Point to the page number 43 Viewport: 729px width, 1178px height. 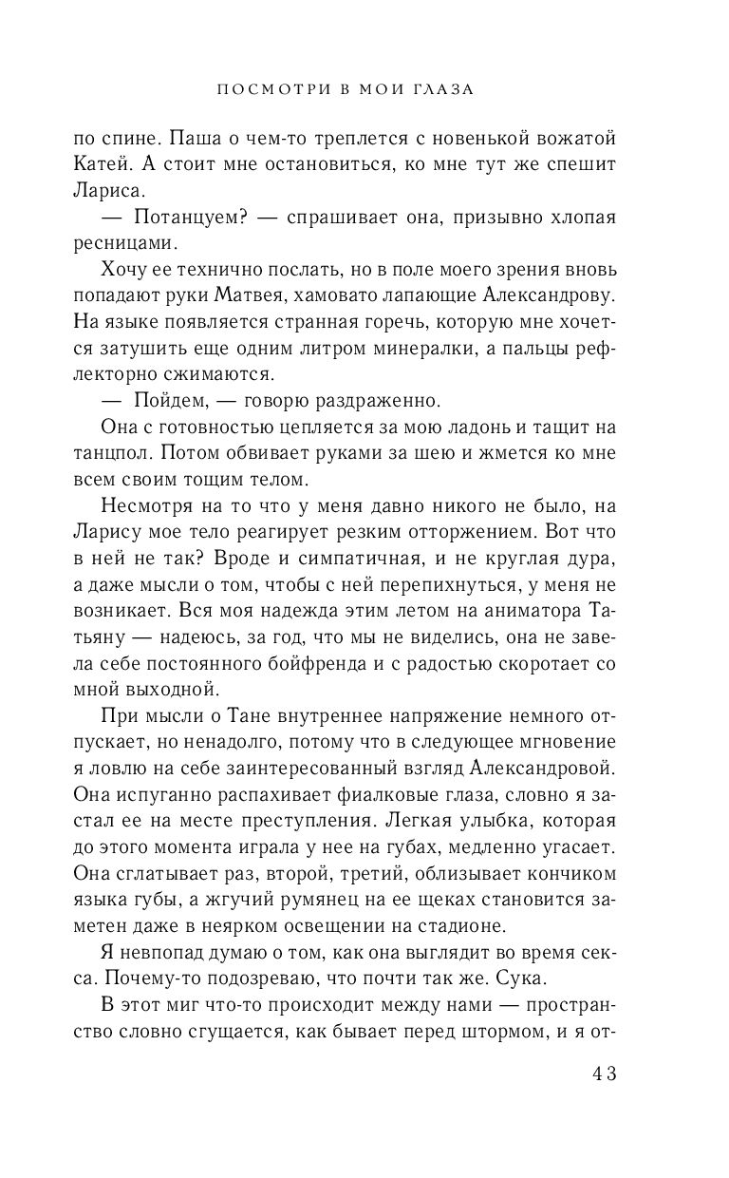[x=604, y=1073]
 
